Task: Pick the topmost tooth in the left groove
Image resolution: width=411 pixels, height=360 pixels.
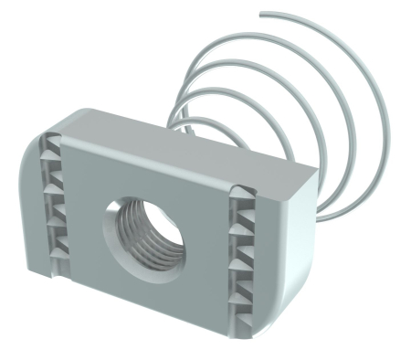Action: [51, 146]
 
